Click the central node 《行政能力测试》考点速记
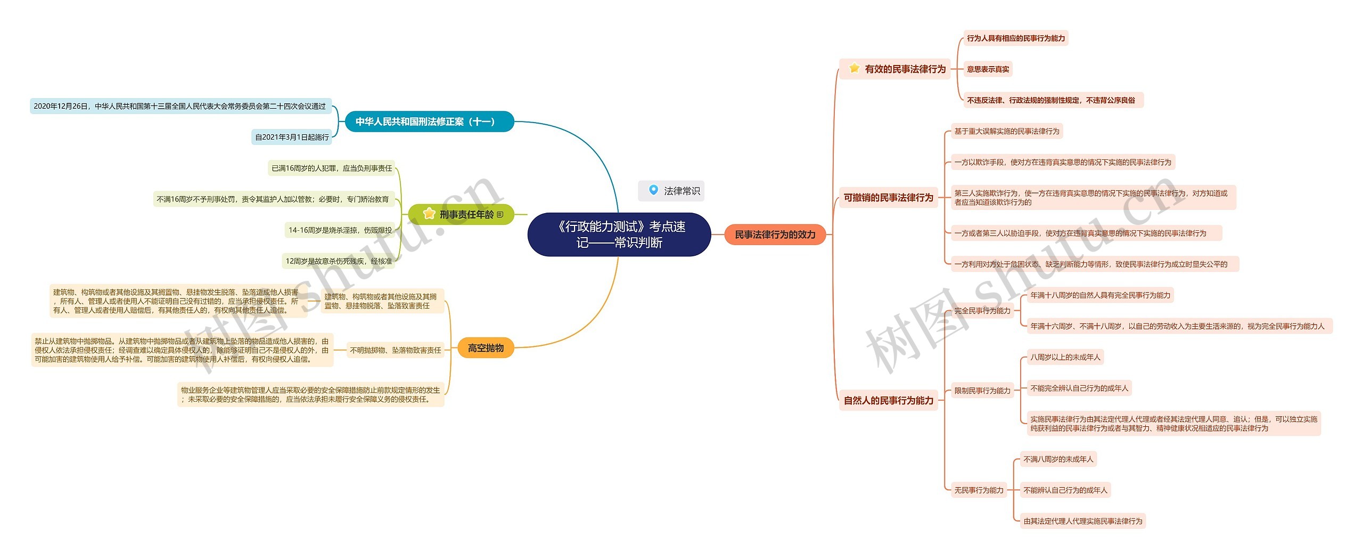click(x=619, y=234)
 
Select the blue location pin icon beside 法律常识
click(x=653, y=190)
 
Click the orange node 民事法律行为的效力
click(x=775, y=234)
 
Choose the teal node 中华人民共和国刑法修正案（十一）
click(x=429, y=121)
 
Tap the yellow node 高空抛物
click(x=486, y=348)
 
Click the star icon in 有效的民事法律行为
click(x=855, y=68)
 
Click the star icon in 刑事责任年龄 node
click(x=429, y=214)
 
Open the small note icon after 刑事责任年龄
click(x=499, y=215)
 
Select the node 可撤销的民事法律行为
click(x=888, y=198)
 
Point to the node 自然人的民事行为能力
click(x=888, y=401)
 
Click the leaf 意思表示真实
click(x=988, y=69)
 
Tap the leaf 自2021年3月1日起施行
click(x=292, y=137)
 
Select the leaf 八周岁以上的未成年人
click(x=1065, y=357)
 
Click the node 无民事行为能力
click(x=979, y=490)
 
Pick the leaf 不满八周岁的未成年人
click(x=1058, y=459)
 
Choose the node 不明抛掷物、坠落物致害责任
click(x=395, y=350)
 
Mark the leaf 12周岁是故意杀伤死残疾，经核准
click(x=339, y=261)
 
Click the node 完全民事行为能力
click(x=982, y=311)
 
